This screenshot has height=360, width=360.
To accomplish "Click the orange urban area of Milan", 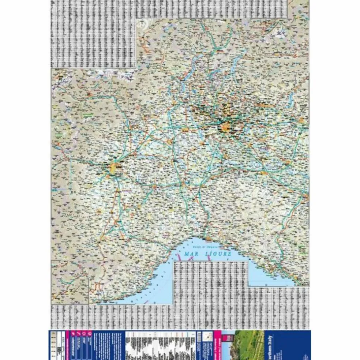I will coord(225,128).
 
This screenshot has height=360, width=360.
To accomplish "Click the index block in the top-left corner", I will coord(93,35).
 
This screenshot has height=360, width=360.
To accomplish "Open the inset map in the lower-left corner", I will coord(70,282).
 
